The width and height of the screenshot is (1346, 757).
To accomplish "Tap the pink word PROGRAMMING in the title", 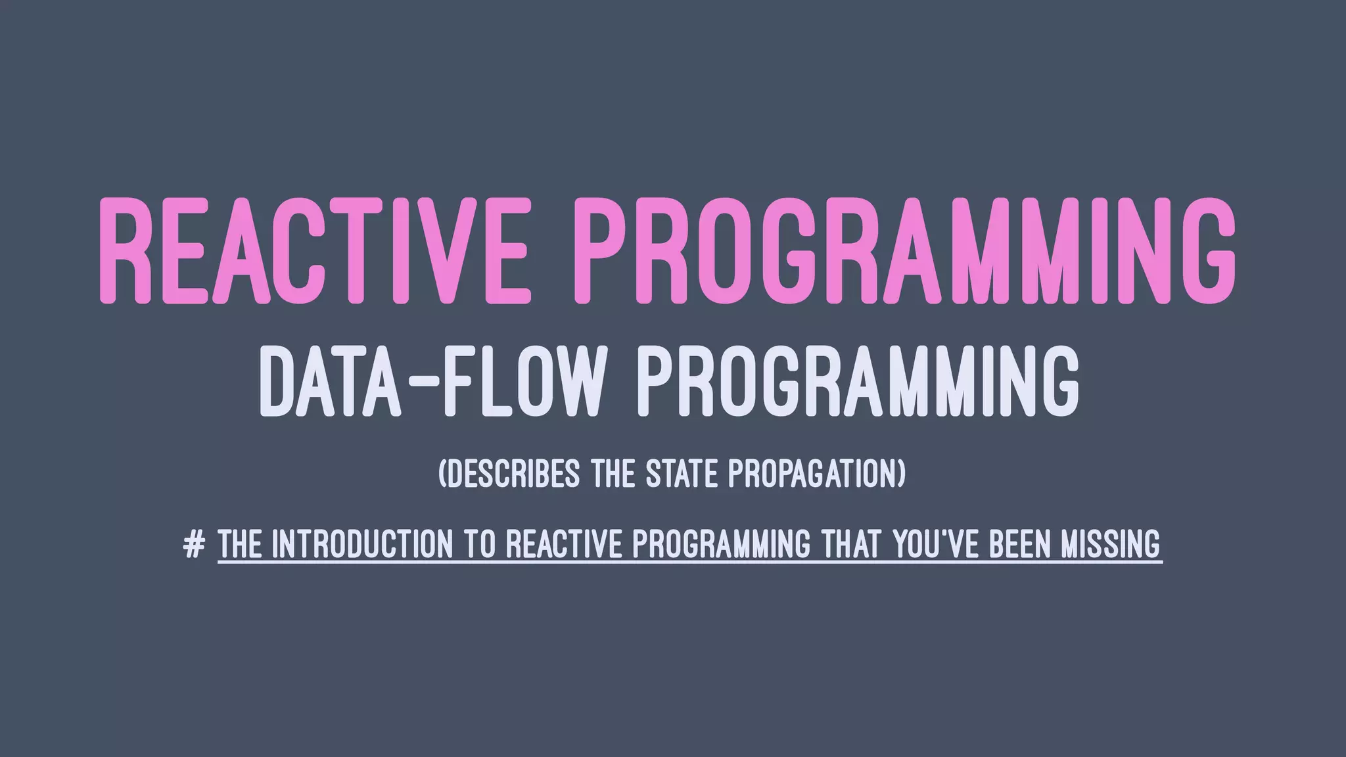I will point(905,251).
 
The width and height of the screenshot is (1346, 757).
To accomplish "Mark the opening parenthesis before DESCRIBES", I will point(442,474).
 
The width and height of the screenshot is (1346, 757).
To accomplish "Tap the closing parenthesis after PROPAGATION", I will point(900,474).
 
